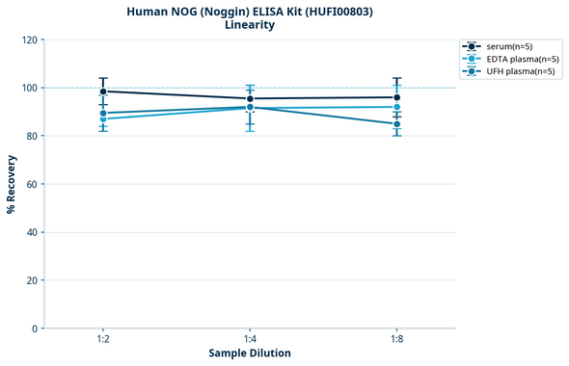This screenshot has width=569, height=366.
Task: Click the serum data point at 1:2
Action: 103,91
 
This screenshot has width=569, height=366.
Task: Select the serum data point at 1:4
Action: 250,98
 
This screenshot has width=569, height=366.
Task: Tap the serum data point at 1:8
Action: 397,97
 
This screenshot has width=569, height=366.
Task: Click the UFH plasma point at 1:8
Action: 397,124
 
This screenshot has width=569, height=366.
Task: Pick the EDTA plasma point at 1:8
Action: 397,107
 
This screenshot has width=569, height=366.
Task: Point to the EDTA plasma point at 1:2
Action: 103,118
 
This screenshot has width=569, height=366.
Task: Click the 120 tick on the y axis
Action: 28,39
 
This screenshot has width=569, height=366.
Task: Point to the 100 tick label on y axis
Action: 28,88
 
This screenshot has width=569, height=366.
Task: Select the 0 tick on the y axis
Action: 34,328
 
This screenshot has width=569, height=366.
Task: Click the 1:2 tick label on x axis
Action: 103,340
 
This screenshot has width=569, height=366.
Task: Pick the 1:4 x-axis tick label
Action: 250,340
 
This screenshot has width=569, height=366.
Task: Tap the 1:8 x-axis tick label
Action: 397,340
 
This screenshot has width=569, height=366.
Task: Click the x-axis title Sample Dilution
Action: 250,353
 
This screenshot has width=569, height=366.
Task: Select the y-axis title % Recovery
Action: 12,184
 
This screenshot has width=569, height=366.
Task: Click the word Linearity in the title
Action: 250,25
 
